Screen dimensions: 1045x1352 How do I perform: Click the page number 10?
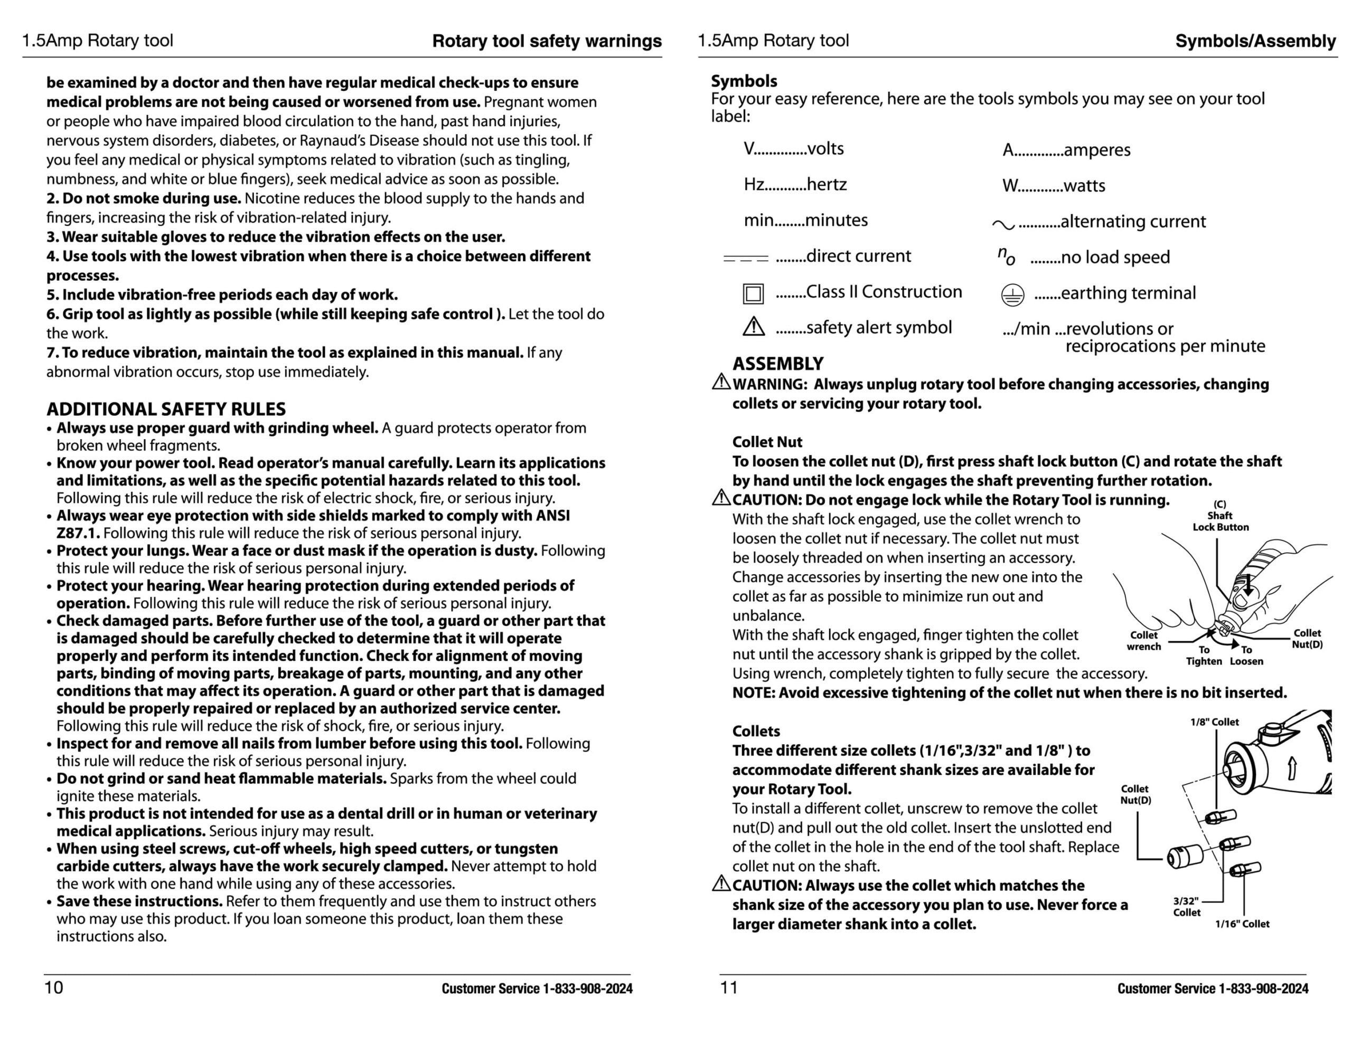54,987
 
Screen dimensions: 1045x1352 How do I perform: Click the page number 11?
729,987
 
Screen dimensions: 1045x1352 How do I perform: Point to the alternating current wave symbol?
1003,224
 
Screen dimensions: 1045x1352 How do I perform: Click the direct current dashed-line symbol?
745,258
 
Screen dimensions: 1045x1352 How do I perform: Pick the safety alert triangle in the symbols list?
754,327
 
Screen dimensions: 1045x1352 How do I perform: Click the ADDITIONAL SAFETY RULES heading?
166,409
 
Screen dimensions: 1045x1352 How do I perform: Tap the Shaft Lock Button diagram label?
1220,516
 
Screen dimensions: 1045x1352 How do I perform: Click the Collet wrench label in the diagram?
1143,640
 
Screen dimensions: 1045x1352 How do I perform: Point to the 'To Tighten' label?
1204,655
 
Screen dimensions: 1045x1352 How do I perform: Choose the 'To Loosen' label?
1246,655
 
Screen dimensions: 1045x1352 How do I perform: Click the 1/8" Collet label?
1215,722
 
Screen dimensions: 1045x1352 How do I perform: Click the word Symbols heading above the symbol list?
744,81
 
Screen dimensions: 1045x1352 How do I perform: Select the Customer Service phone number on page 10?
537,989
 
